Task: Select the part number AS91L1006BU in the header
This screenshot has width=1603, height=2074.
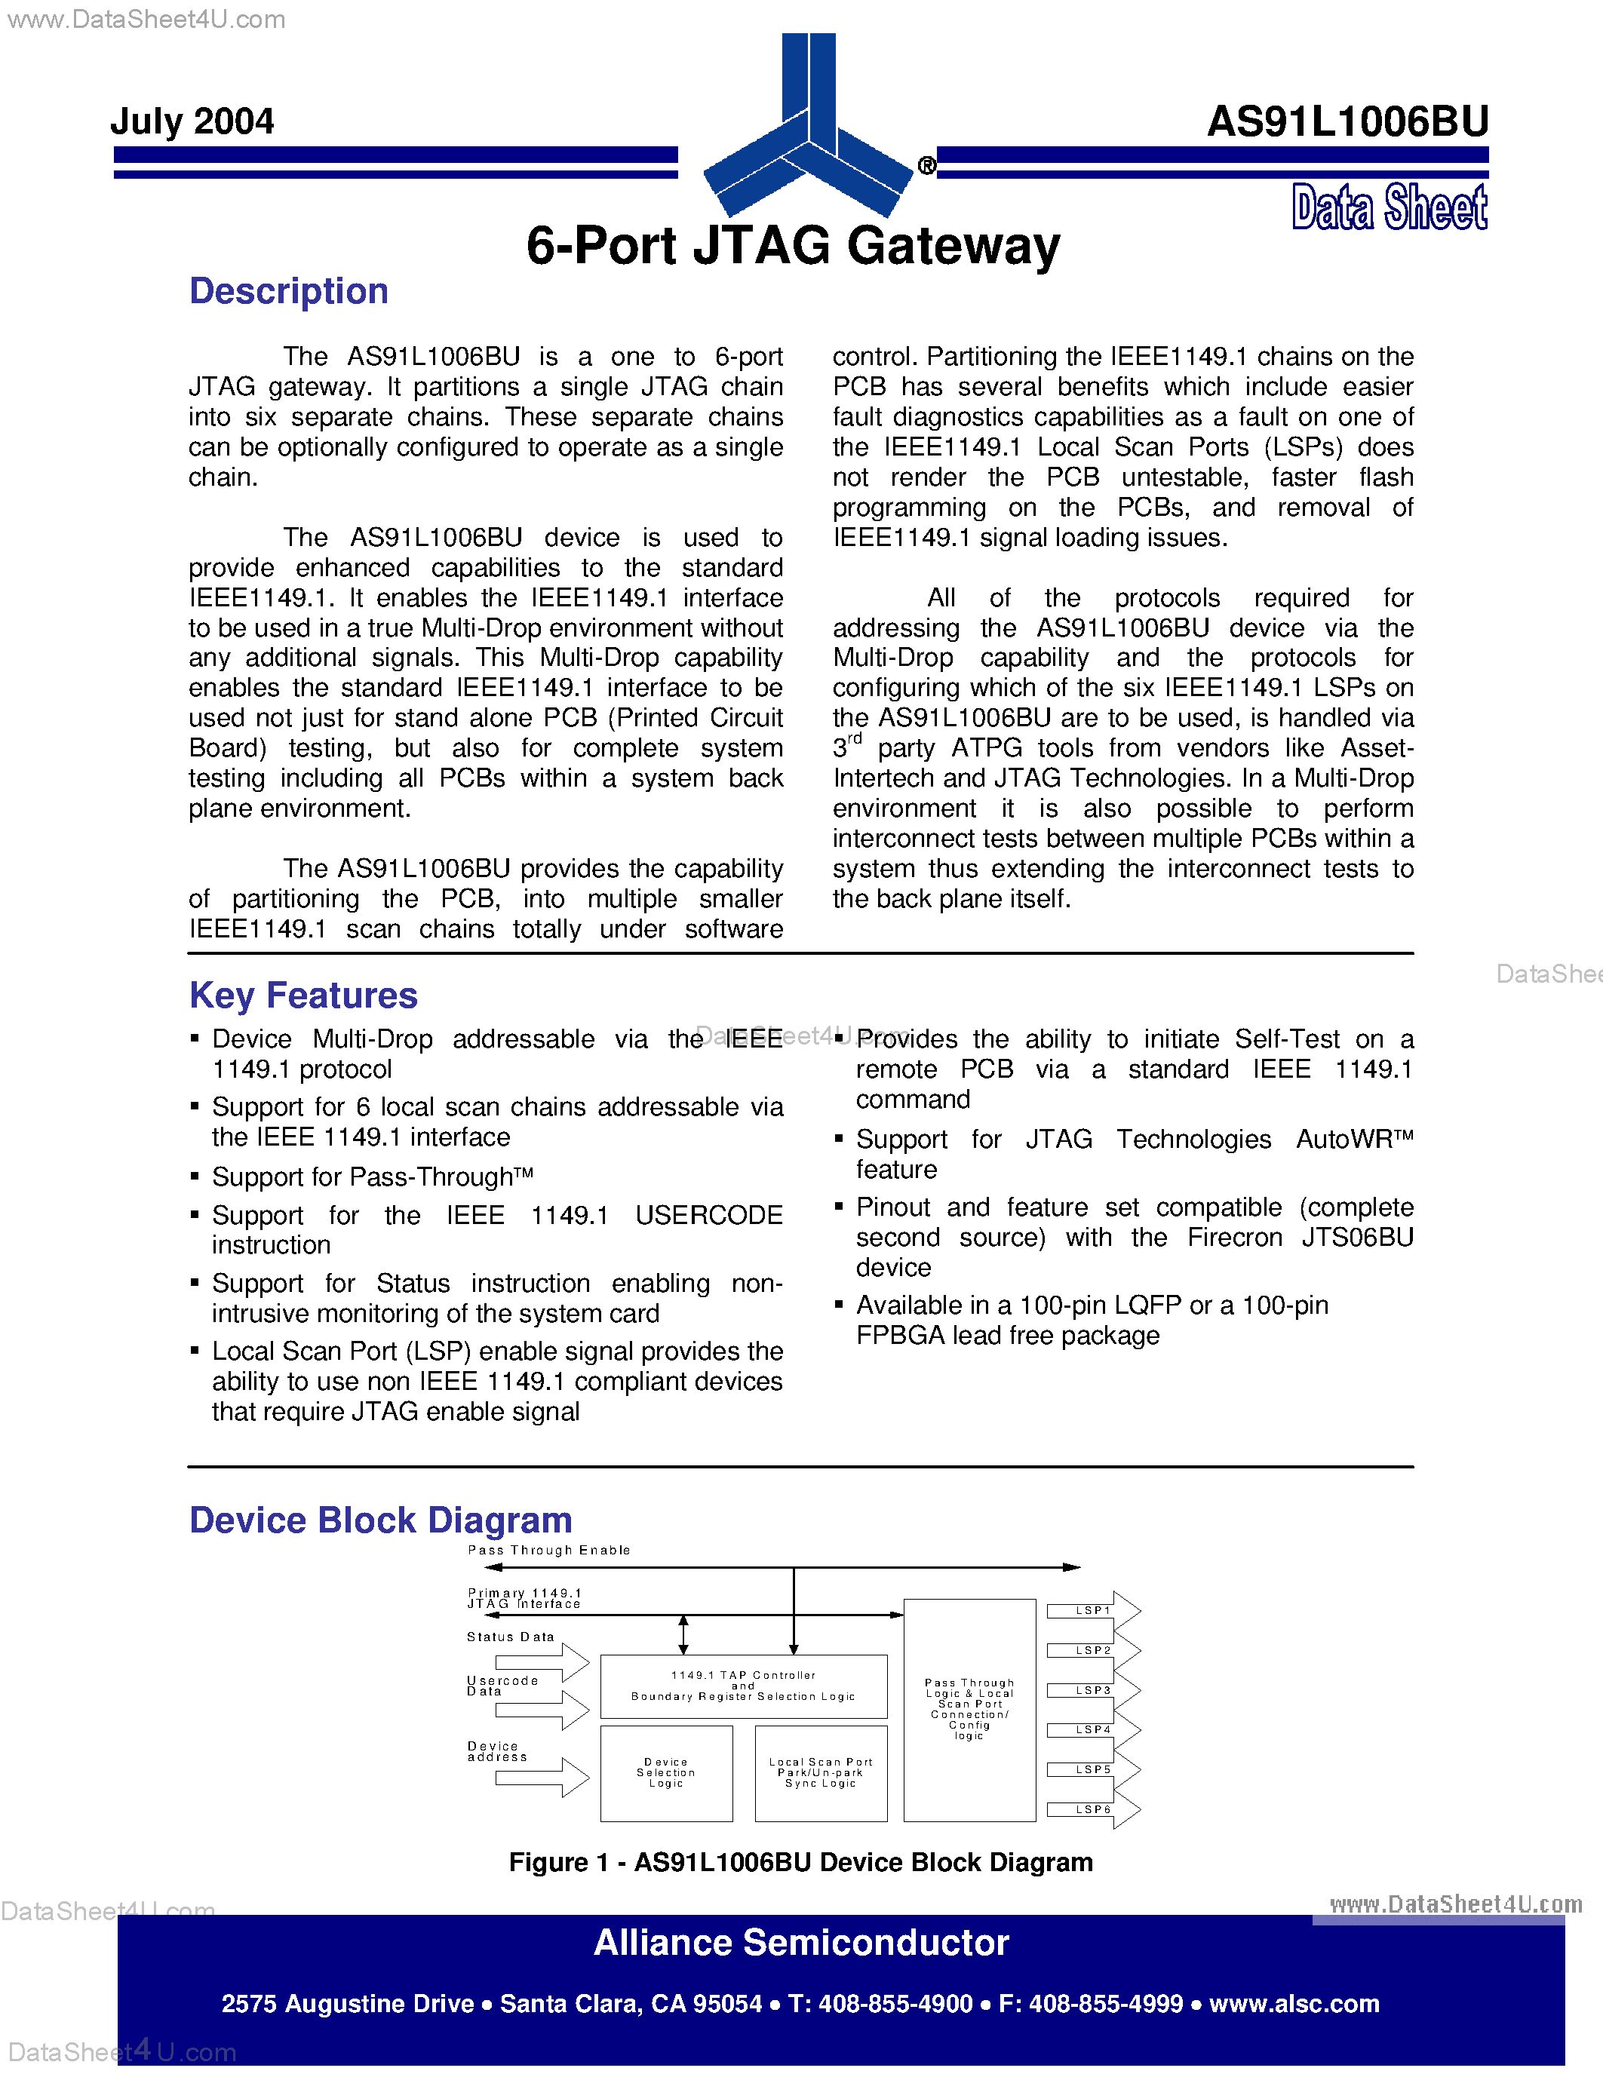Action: coord(1347,121)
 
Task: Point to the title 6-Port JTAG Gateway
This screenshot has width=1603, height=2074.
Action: coord(793,245)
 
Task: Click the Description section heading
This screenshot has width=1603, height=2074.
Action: coord(289,290)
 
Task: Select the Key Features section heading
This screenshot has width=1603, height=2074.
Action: coord(303,996)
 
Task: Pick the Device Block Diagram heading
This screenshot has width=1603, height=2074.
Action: coord(380,1520)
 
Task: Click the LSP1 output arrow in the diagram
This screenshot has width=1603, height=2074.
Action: coord(1093,1611)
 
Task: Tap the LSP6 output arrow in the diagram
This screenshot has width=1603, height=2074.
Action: coord(1093,1809)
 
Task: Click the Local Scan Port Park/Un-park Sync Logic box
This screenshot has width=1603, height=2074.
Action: coord(821,1773)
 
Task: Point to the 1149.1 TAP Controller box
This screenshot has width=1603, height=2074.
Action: coord(744,1686)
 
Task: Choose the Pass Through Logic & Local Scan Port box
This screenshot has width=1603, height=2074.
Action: coord(969,1709)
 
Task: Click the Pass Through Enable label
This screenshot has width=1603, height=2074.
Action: coord(549,1550)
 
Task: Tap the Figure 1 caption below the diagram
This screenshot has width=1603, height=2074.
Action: coord(800,1862)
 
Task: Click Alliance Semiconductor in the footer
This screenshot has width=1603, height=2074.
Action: coord(800,1943)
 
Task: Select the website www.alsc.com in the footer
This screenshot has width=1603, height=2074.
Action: coord(1294,2004)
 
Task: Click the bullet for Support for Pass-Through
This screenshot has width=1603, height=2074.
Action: coord(195,1177)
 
